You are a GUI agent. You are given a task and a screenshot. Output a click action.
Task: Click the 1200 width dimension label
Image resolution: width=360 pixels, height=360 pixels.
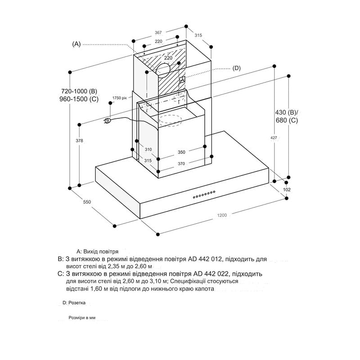coord(222,215)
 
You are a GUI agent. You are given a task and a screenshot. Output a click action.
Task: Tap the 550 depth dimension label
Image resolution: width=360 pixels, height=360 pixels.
coord(87,202)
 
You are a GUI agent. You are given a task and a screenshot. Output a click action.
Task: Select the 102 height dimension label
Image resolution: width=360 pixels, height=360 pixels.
coord(287,189)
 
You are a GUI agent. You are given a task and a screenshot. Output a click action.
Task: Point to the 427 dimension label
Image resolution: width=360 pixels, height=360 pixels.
coord(274,138)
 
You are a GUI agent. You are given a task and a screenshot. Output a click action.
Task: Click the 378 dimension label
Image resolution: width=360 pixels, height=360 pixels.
coord(79,140)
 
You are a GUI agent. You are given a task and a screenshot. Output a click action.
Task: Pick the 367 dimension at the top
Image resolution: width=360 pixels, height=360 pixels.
coord(158,32)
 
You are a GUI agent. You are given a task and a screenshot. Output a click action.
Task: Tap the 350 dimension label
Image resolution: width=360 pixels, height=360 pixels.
coord(181,152)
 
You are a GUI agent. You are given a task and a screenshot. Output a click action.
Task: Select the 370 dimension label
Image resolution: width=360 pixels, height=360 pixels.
coord(181,163)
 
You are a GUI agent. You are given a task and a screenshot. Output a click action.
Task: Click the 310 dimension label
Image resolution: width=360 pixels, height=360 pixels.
coord(148,149)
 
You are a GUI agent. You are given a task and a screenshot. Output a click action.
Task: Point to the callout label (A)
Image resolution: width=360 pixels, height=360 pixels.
coord(76,44)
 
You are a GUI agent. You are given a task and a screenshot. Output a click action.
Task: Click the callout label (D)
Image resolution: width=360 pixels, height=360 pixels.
coord(237,68)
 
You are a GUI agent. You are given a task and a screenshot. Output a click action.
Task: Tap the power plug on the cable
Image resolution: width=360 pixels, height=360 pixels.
coord(108,121)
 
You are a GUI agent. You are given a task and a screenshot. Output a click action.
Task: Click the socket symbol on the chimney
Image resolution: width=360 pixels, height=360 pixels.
coord(182,80)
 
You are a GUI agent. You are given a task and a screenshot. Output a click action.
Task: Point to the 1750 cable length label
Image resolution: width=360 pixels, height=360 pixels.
coord(119,98)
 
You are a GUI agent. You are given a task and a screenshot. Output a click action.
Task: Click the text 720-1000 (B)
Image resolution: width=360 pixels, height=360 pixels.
coord(79,91)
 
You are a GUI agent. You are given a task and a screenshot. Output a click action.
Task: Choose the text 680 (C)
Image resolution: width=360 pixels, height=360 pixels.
coord(287,120)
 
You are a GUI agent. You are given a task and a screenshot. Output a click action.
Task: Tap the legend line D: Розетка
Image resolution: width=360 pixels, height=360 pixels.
coord(74,303)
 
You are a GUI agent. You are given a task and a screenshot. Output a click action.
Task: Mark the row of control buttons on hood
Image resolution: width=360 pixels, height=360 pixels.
coord(204,194)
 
